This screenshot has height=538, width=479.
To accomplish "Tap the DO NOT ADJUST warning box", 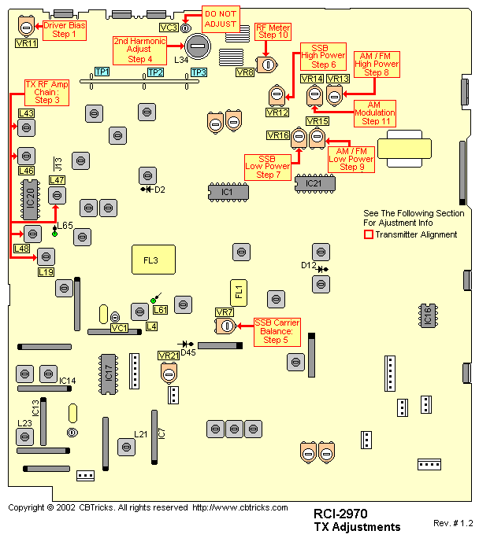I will [x=220, y=19].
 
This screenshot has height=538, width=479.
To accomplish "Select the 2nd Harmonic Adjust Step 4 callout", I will [x=139, y=49].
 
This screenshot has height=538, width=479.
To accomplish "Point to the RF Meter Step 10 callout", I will [x=273, y=31].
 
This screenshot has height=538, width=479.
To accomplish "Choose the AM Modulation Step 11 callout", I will [x=376, y=113].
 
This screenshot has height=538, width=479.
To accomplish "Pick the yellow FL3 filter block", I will [x=152, y=260].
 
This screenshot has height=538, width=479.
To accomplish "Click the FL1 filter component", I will [x=239, y=292].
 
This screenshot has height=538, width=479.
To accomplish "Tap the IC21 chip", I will [x=314, y=183].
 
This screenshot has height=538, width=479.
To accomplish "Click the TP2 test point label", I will [x=155, y=72].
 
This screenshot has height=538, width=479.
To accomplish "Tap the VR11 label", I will [x=26, y=43].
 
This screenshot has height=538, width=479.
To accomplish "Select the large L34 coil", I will [x=198, y=46].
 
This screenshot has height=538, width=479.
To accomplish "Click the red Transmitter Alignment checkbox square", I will [x=368, y=234].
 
